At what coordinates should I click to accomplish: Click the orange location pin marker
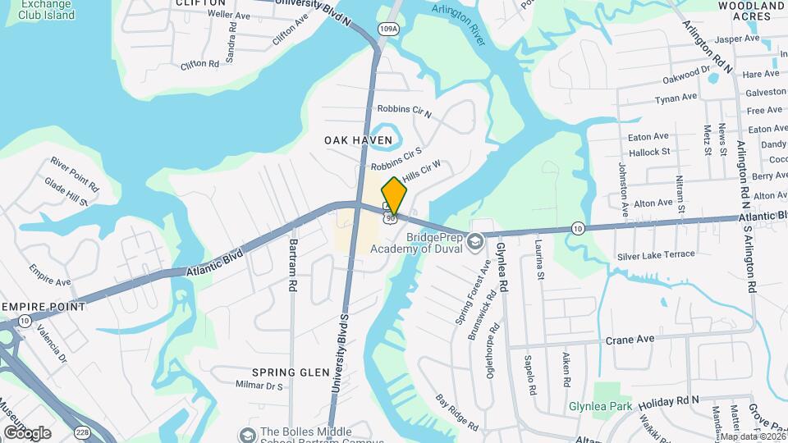[x=394, y=195]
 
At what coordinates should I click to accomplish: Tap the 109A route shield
[x=388, y=30]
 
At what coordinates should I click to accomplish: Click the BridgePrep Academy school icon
[x=474, y=241]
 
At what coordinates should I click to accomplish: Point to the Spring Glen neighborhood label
[x=290, y=372]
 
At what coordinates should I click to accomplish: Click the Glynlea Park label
[x=601, y=406]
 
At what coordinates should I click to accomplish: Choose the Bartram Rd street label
[x=291, y=266]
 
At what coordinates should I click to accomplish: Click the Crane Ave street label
[x=630, y=339]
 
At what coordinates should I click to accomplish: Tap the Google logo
[x=26, y=432]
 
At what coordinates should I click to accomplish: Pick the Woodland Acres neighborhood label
[x=751, y=10]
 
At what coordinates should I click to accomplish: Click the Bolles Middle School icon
[x=245, y=433]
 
